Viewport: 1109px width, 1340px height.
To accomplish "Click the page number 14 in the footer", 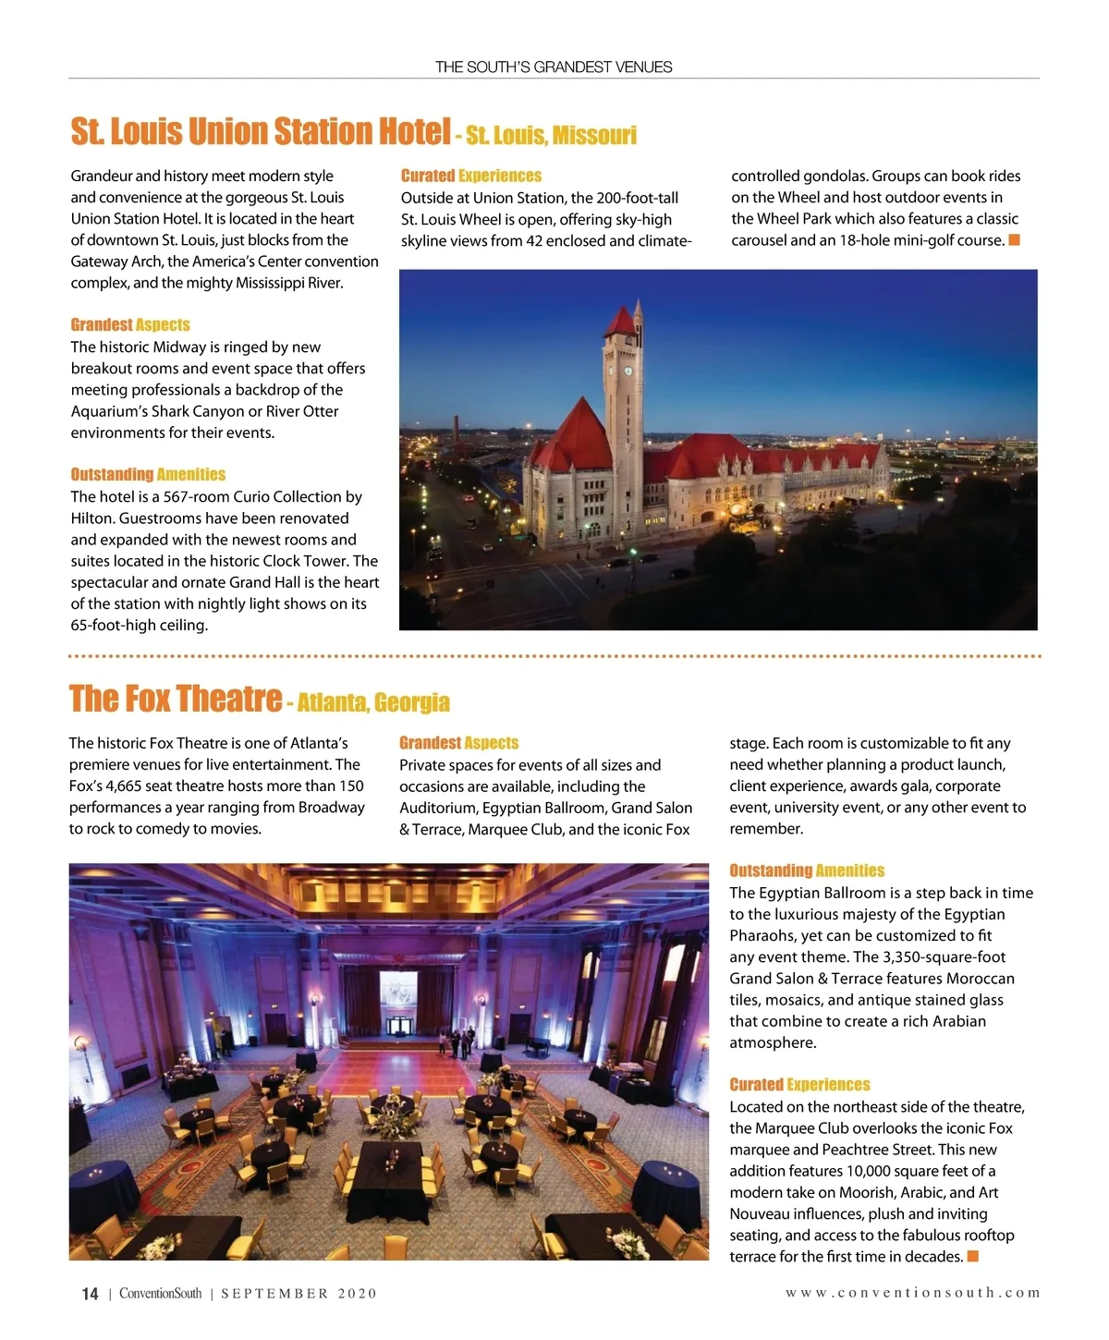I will pyautogui.click(x=90, y=1294).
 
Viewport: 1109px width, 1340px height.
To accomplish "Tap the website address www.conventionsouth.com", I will pyautogui.click(x=912, y=1293).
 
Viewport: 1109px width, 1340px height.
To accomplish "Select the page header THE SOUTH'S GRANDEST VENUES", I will pyautogui.click(x=554, y=67).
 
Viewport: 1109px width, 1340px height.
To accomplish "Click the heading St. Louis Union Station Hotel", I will pyautogui.click(x=261, y=131).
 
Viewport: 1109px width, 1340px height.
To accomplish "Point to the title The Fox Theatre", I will pyautogui.click(x=176, y=699).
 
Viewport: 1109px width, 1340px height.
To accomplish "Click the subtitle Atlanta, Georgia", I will pyautogui.click(x=373, y=702).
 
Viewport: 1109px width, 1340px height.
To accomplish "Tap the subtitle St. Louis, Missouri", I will pyautogui.click(x=551, y=136).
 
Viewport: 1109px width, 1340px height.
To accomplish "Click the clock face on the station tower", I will pyautogui.click(x=627, y=371).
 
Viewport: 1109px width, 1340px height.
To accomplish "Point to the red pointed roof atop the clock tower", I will pyautogui.click(x=620, y=317).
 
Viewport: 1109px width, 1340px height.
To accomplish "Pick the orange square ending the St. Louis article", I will pyautogui.click(x=1014, y=240).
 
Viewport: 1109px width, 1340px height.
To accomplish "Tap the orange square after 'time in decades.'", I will pyautogui.click(x=972, y=1256).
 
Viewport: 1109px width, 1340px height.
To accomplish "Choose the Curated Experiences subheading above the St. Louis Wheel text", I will pyautogui.click(x=471, y=176).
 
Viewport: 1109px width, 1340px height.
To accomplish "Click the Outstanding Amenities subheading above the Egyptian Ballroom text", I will pyautogui.click(x=806, y=871).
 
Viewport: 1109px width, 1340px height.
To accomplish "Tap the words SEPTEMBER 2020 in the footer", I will pyautogui.click(x=299, y=1294).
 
